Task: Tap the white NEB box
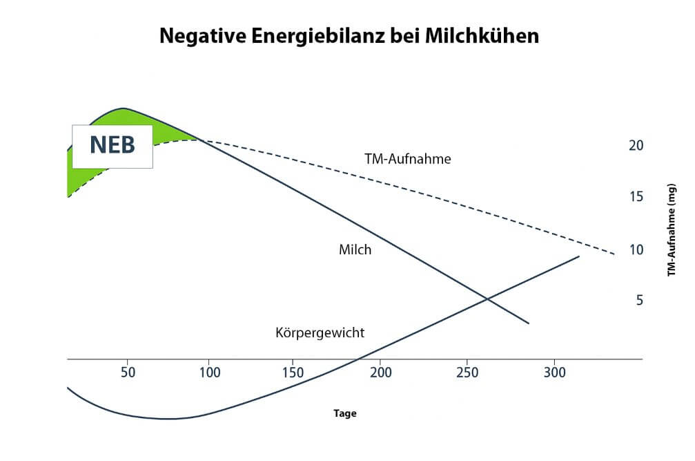112,147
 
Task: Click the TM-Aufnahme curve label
407,159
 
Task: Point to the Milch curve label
355,250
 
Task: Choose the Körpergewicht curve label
320,332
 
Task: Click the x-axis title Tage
345,413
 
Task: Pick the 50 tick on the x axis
128,373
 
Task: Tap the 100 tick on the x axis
209,373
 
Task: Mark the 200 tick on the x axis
381,373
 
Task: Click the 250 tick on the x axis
467,373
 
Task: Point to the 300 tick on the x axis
554,373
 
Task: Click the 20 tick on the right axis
636,145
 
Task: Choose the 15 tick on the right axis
636,197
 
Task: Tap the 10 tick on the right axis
636,250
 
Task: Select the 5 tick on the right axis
640,301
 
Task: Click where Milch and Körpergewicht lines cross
487,299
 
